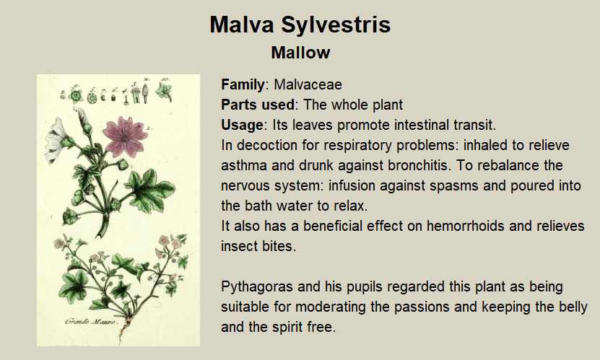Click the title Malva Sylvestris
point(300,25)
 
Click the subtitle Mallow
point(300,53)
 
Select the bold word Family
point(243,85)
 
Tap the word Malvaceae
point(308,84)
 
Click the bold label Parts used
point(258,105)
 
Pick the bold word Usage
point(242,126)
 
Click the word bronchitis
point(417,165)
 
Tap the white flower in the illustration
point(56,139)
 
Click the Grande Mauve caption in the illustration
point(90,321)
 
